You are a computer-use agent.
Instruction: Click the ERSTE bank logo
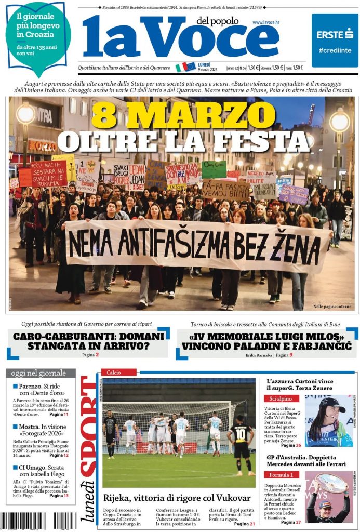coord(335,35)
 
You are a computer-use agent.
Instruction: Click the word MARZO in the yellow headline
coord(192,115)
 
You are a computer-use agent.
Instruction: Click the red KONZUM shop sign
coord(42,146)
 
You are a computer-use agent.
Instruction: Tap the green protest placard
coord(214,170)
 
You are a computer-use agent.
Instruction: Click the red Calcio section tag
coord(118,372)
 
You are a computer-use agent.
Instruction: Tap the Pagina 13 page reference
coord(59,496)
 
